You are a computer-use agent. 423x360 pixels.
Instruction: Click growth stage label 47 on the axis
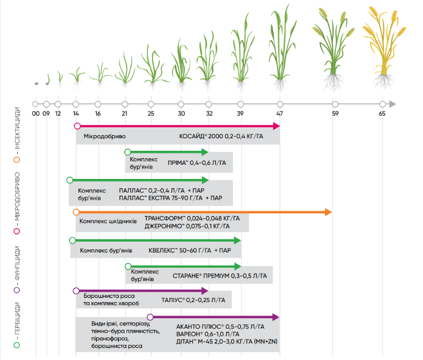(x=280, y=113)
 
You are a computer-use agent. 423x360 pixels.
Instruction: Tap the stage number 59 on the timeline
(x=335, y=113)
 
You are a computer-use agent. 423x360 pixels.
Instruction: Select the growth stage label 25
(x=151, y=113)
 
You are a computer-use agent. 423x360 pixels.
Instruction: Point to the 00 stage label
(x=35, y=113)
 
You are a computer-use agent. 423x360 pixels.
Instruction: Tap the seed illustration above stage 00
(x=36, y=83)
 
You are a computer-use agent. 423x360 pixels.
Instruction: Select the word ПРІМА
(x=178, y=163)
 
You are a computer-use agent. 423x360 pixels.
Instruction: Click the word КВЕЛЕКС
(x=164, y=250)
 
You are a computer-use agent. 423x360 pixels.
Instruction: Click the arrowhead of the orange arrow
(x=328, y=212)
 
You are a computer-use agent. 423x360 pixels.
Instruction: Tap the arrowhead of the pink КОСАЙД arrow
(x=276, y=126)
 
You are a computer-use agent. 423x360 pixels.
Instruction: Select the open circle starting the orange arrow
(x=76, y=212)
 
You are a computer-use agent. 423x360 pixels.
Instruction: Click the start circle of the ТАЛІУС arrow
(x=76, y=290)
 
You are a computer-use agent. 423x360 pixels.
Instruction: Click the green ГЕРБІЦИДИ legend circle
(x=17, y=345)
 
